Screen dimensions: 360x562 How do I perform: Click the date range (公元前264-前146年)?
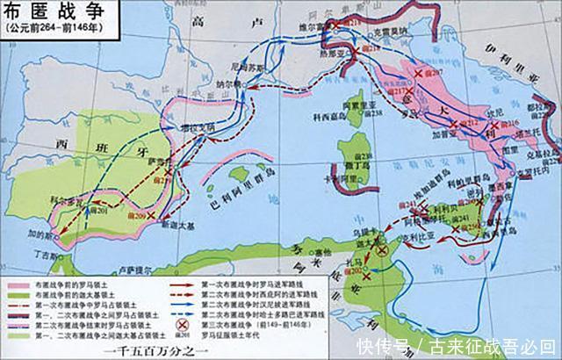49,28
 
